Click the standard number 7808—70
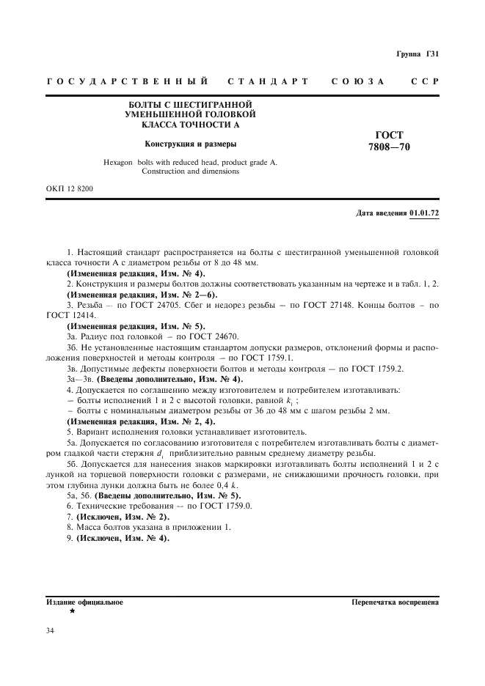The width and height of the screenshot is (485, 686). pyautogui.click(x=390, y=147)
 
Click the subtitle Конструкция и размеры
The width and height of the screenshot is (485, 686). pyautogui.click(x=191, y=144)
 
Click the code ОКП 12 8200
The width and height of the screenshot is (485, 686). pyautogui.click(x=69, y=189)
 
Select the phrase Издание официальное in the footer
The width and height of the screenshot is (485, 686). pyautogui.click(x=84, y=602)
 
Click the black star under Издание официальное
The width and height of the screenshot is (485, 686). pyautogui.click(x=72, y=611)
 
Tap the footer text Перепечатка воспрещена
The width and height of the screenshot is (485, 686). pyautogui.click(x=395, y=602)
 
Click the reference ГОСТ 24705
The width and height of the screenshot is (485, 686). pyautogui.click(x=145, y=303)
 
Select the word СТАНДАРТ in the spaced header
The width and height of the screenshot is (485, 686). pyautogui.click(x=268, y=81)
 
